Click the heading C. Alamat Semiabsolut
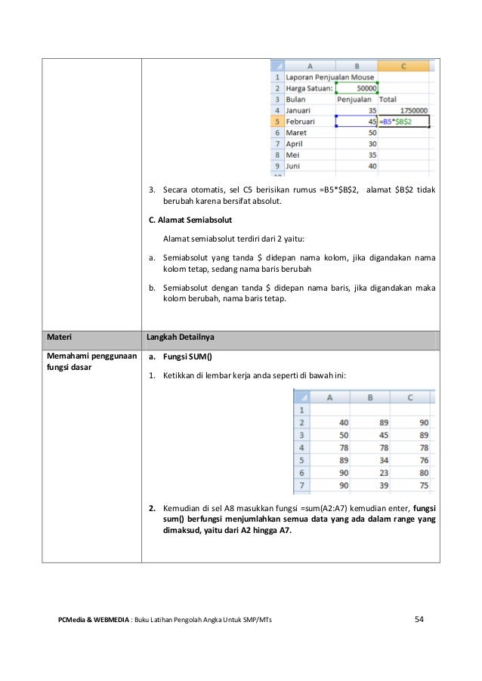[x=190, y=220]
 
